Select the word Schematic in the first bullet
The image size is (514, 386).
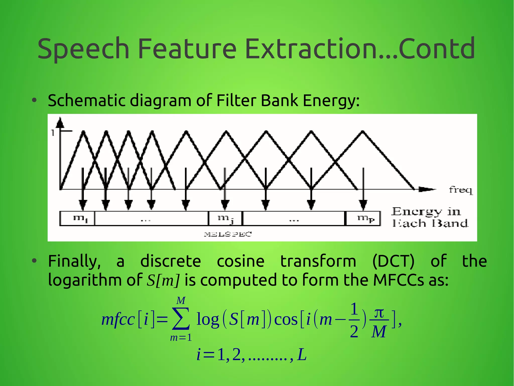point(86,101)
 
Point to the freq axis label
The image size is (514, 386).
point(460,190)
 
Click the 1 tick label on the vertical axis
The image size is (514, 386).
point(53,133)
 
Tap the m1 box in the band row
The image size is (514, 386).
point(77,218)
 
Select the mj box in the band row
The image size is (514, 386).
point(225,218)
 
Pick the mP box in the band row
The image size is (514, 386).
point(363,218)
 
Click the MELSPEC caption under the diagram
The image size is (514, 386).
point(228,234)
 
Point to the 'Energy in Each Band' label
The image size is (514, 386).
point(430,217)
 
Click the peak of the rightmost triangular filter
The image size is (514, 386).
point(362,131)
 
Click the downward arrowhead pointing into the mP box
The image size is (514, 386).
point(363,205)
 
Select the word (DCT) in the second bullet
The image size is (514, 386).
point(393,261)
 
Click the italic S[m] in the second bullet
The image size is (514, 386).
point(163,280)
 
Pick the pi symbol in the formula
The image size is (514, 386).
point(379,313)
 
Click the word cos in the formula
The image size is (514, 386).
point(286,320)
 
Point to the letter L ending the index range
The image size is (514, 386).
point(302,355)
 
